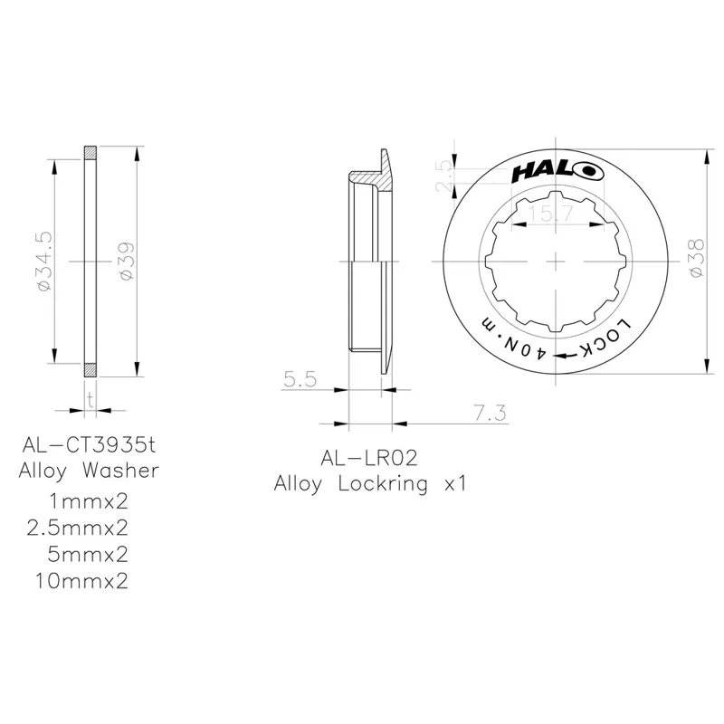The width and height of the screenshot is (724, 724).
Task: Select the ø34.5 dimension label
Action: pos(44,261)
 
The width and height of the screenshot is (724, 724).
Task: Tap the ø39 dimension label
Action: pos(127,262)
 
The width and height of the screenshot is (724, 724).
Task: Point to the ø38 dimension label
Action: pos(696,261)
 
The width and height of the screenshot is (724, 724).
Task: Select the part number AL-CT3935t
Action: pos(89,446)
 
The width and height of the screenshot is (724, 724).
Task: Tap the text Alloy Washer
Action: pos(89,471)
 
